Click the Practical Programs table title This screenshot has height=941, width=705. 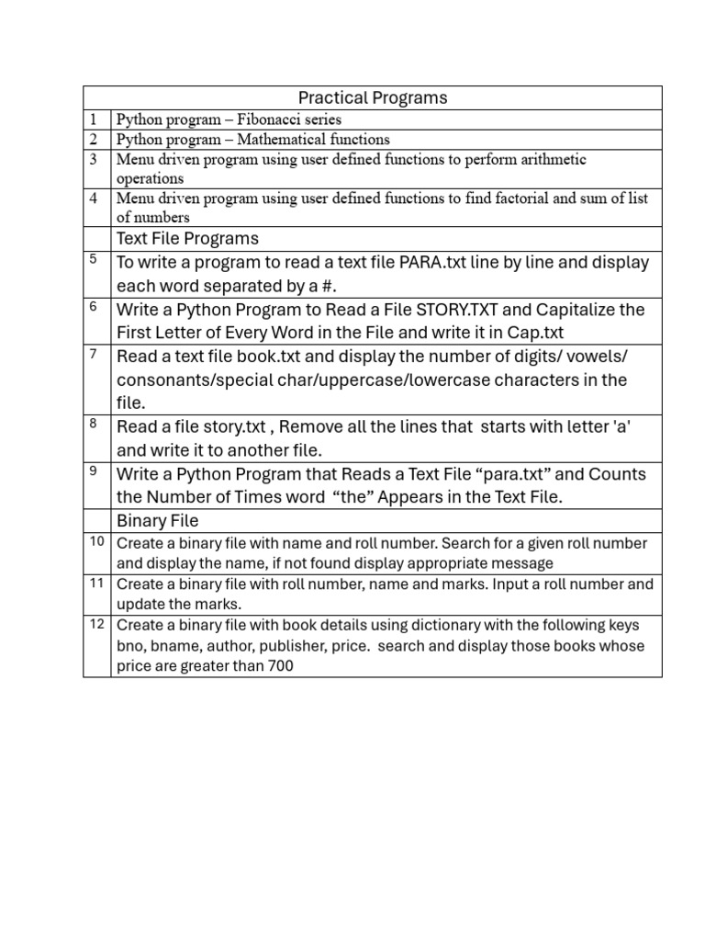(x=373, y=97)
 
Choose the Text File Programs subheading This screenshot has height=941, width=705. (x=187, y=239)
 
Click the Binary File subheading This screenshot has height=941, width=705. (x=157, y=521)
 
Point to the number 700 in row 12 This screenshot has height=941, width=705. (x=281, y=666)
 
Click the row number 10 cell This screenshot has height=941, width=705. (x=96, y=542)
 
